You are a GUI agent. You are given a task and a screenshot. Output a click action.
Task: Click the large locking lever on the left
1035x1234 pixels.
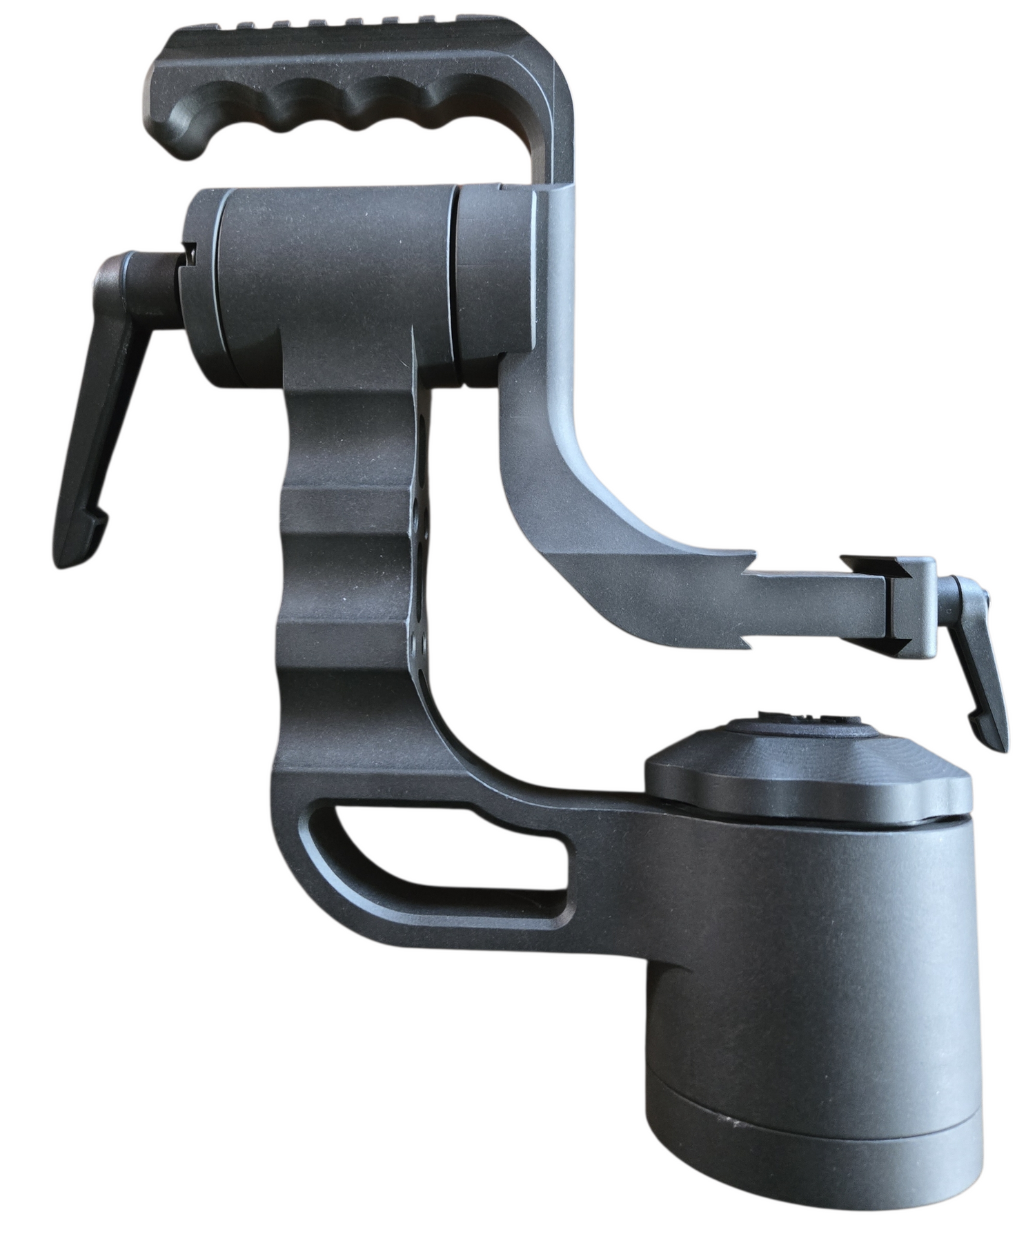pyautogui.click(x=103, y=407)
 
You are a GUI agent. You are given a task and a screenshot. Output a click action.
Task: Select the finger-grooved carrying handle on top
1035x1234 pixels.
pyautogui.click(x=345, y=90)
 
